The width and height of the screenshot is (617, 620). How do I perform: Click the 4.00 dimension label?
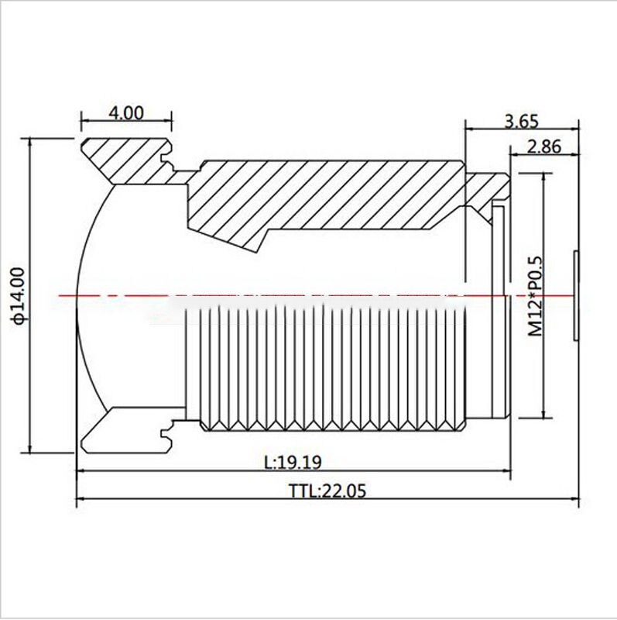click(126, 112)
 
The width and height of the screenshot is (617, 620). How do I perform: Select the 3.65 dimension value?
click(520, 121)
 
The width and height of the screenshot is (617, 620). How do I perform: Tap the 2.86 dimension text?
click(544, 146)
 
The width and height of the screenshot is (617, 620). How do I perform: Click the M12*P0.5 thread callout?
click(535, 295)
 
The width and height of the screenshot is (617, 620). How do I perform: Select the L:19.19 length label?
click(292, 462)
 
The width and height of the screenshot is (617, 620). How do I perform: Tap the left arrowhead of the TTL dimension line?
click(81, 501)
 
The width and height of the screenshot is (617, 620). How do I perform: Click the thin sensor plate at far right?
click(575, 295)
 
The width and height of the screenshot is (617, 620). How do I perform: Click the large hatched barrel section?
click(325, 194)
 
